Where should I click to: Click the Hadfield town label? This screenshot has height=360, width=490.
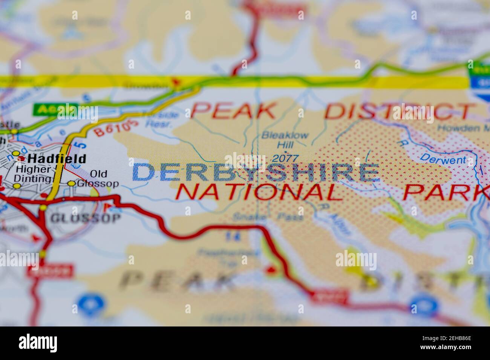click(57, 159)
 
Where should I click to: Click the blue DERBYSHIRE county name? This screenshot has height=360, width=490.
click(256, 172)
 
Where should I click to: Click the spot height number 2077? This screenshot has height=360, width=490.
click(285, 159)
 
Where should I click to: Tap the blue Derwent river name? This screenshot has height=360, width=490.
click(443, 159)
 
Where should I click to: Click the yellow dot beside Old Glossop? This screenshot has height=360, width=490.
click(72, 183)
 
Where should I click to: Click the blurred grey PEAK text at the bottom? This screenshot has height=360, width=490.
click(177, 281)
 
